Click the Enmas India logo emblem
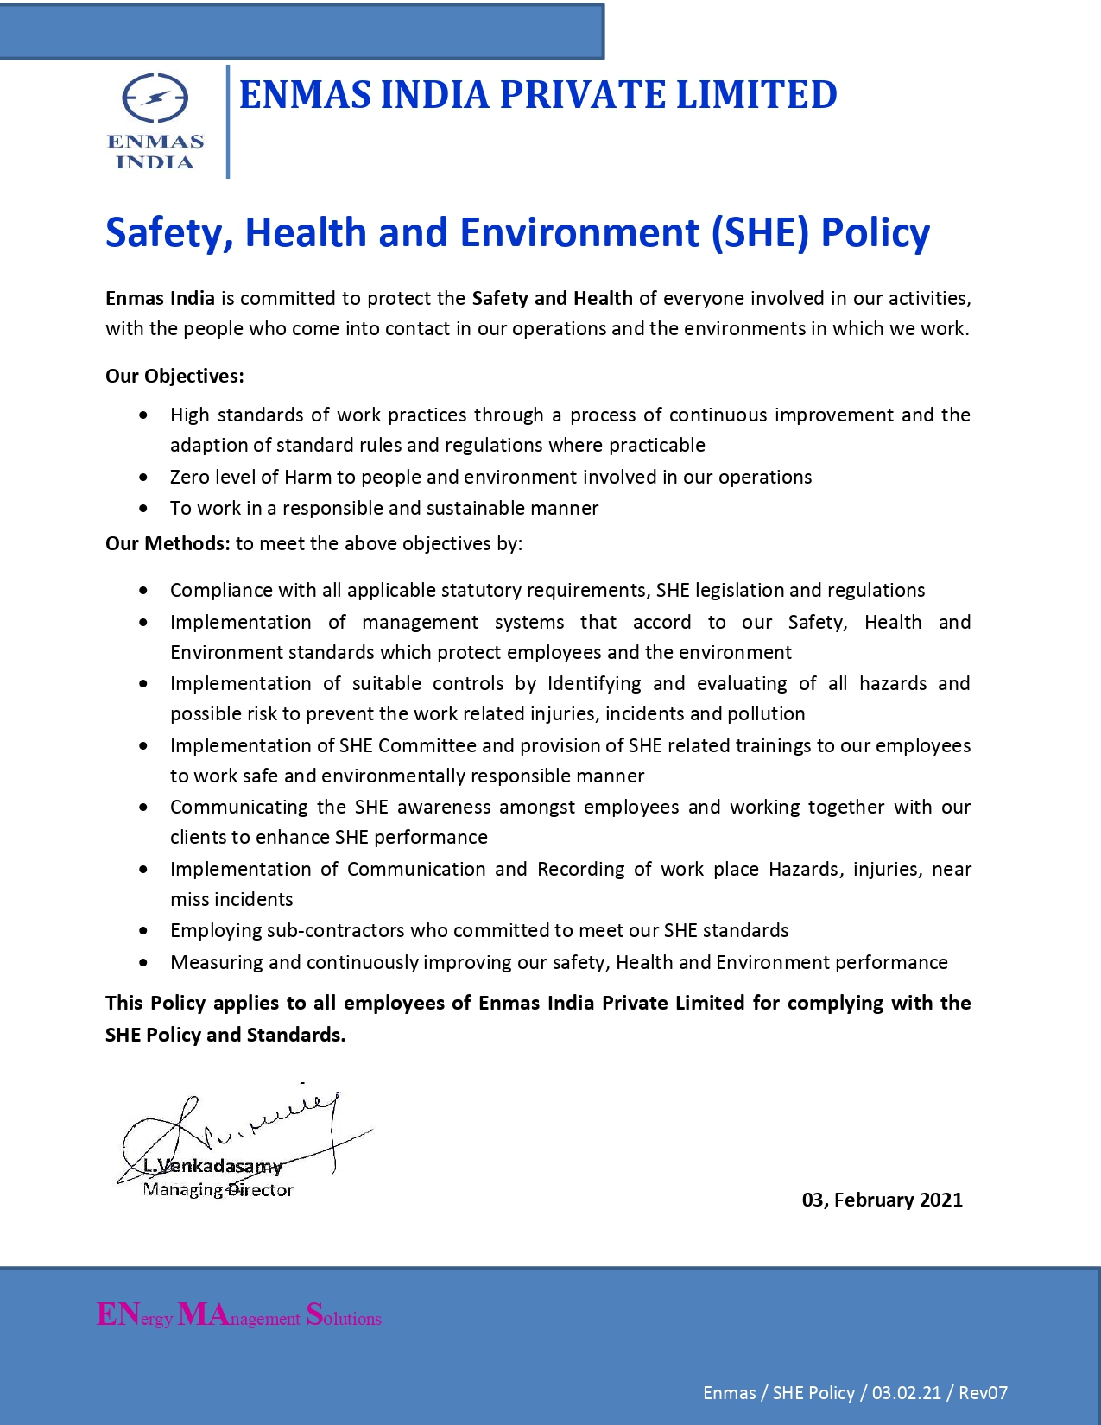click(155, 98)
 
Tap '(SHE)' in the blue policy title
click(760, 232)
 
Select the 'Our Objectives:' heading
click(174, 376)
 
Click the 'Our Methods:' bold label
click(168, 543)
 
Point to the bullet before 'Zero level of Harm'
click(143, 478)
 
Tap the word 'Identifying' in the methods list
click(594, 683)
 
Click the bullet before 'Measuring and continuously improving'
click(143, 962)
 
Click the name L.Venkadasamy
click(213, 1166)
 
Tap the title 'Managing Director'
click(218, 1190)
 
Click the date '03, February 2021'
click(882, 1200)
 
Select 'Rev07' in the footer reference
click(983, 1392)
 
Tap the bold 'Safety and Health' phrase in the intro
click(552, 298)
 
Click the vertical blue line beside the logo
click(228, 121)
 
